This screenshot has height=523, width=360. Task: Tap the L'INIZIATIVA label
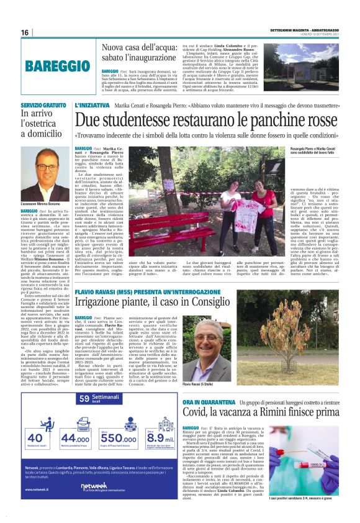click(x=92, y=106)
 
